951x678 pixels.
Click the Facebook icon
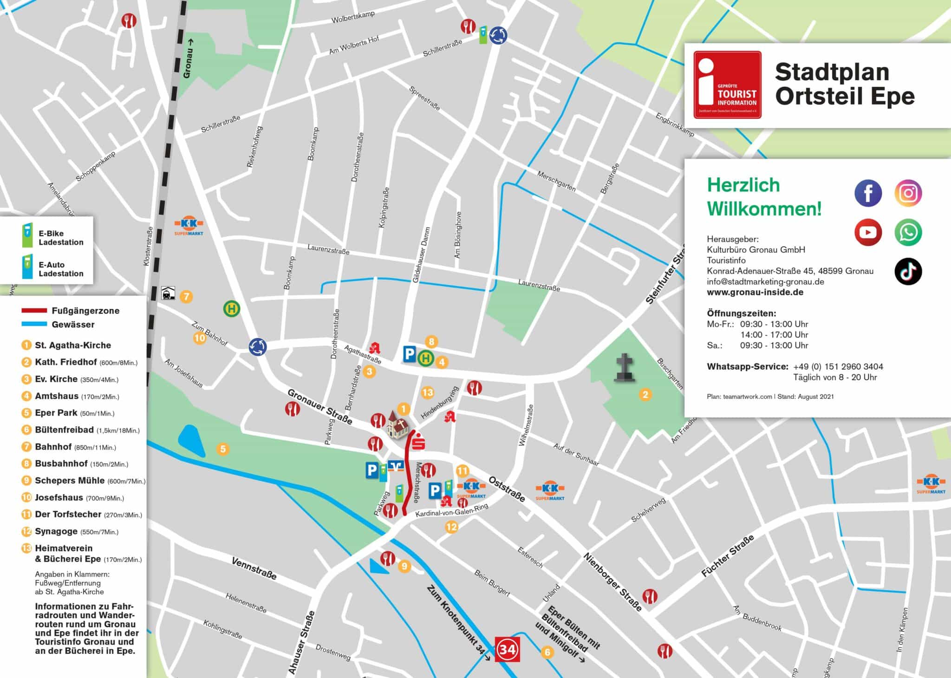tap(868, 193)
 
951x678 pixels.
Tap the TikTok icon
tap(908, 272)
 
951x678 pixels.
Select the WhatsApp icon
tap(908, 232)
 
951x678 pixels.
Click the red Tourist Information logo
tap(727, 85)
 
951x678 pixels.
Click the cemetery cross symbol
tap(625, 368)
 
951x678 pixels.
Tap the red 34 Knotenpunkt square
tap(507, 649)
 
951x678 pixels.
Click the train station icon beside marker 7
tap(168, 293)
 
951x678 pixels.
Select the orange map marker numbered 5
tap(223, 449)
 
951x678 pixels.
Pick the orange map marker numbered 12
tap(451, 527)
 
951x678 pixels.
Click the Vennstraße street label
tap(254, 568)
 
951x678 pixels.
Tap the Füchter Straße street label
tap(727, 556)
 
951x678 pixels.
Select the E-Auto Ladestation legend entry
tap(60, 269)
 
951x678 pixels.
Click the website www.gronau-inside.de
tap(755, 292)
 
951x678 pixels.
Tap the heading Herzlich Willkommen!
tap(764, 197)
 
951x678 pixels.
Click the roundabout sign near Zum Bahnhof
tap(258, 346)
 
